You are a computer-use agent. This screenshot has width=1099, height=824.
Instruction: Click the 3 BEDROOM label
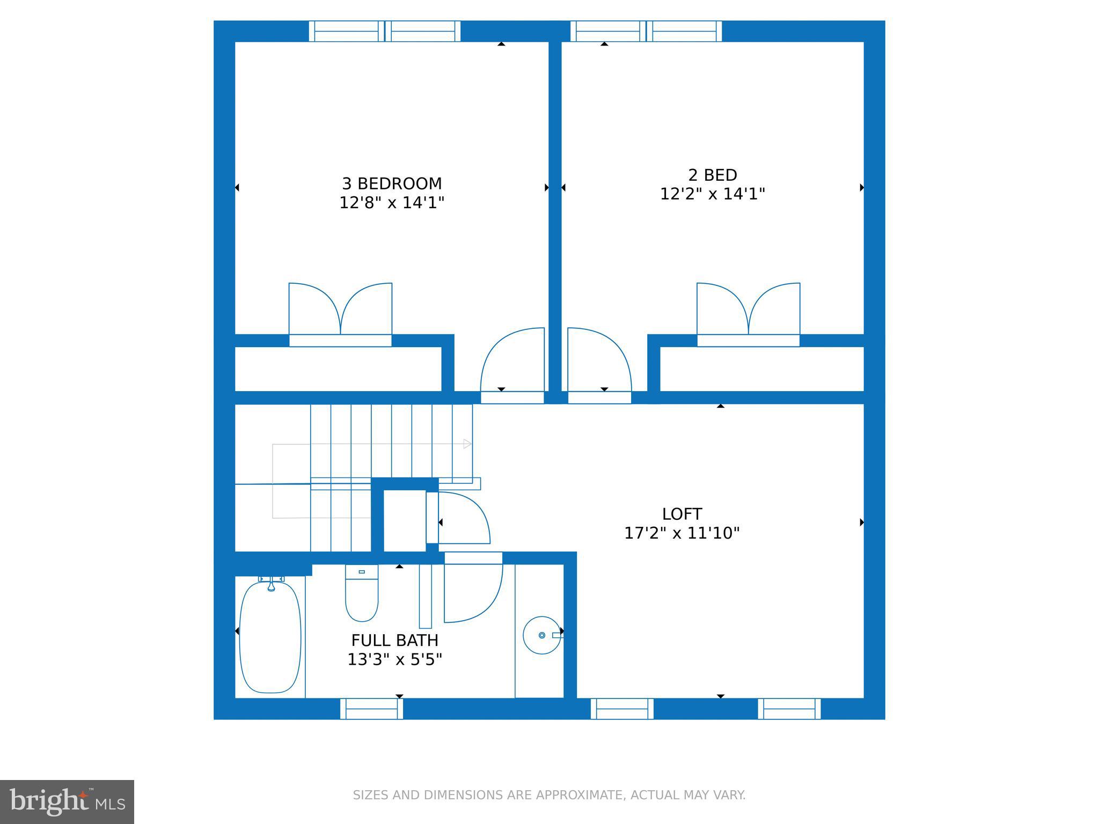pos(392,183)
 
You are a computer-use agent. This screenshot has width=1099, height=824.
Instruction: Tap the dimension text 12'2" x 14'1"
pos(712,194)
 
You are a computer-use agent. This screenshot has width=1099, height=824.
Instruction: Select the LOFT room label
pos(682,514)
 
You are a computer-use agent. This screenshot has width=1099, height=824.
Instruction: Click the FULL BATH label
pos(394,640)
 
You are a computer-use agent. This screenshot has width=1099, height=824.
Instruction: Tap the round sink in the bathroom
pos(541,635)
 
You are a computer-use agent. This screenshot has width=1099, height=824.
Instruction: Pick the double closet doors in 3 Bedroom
pos(340,311)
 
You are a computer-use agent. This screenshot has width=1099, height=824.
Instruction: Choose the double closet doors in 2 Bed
pos(748,311)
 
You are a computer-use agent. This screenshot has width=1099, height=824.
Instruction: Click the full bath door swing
pos(472,590)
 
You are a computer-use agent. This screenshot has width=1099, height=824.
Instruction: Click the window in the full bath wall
pos(371,709)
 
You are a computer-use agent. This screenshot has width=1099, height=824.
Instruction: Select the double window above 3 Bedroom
pos(384,31)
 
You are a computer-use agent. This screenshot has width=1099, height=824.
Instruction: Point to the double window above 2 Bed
pos(646,31)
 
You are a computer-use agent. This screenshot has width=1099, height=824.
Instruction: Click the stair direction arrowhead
pos(467,444)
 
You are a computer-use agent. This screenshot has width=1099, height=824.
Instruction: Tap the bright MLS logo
pos(67,801)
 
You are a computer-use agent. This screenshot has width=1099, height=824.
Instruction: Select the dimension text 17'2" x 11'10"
pos(682,533)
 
